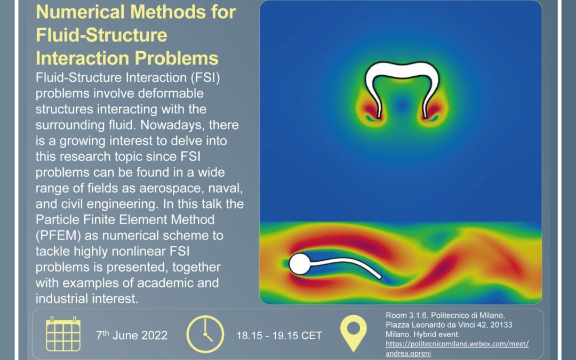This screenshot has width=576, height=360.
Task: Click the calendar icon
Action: click(x=63, y=334)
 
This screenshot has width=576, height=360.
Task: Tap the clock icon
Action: click(x=205, y=334)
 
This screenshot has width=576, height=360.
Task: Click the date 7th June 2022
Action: click(x=132, y=335)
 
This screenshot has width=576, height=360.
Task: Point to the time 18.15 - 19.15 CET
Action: click(x=279, y=335)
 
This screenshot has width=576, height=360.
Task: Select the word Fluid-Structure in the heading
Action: click(x=101, y=35)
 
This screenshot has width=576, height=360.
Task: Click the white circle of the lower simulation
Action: click(x=299, y=264)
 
